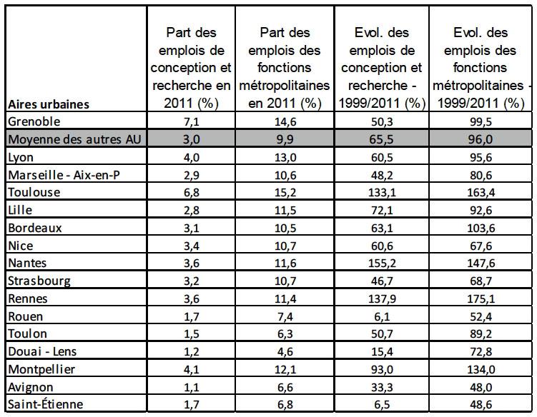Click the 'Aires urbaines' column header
pyautogui.click(x=49, y=104)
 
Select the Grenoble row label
pyautogui.click(x=34, y=121)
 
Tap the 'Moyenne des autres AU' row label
pyautogui.click(x=74, y=139)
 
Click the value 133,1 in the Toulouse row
pyautogui.click(x=382, y=192)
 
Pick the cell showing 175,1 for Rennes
pyautogui.click(x=481, y=298)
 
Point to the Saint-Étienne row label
pyautogui.click(x=45, y=404)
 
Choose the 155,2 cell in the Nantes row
pyautogui.click(x=382, y=263)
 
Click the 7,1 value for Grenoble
pyautogui.click(x=192, y=121)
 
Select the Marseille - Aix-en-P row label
pyautogui.click(x=64, y=175)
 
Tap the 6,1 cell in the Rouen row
pyautogui.click(x=382, y=316)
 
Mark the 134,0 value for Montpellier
pyautogui.click(x=481, y=369)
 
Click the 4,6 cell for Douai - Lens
pyautogui.click(x=285, y=351)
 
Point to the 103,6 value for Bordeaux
pyautogui.click(x=481, y=228)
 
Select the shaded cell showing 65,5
pyautogui.click(x=382, y=139)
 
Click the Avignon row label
pyautogui.click(x=31, y=387)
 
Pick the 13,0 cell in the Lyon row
pyautogui.click(x=285, y=157)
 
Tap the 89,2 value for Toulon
pyautogui.click(x=481, y=334)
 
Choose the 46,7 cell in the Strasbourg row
pyautogui.click(x=382, y=281)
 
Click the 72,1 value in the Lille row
pyautogui.click(x=382, y=210)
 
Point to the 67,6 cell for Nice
pyautogui.click(x=481, y=246)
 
